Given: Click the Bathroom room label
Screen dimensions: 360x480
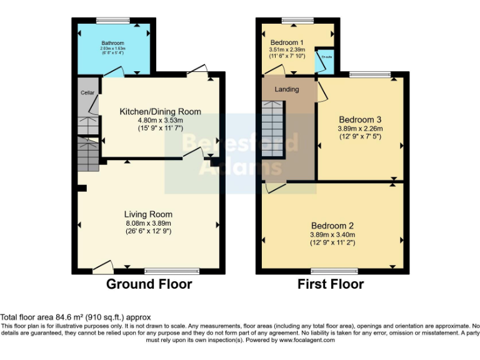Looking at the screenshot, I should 113,43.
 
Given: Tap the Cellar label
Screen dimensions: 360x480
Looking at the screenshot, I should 87,92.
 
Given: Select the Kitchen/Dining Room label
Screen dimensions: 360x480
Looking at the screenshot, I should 161,112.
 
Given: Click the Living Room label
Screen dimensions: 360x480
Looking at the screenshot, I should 147,214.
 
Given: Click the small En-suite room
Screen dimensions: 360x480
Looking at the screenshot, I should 325,58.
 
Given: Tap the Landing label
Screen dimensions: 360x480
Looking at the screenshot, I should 287,89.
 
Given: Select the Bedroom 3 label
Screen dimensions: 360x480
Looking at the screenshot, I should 360,119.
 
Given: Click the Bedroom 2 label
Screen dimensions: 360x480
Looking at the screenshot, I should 332,226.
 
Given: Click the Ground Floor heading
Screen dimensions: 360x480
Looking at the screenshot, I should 149,284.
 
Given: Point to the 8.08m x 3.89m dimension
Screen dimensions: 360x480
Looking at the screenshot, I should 147,223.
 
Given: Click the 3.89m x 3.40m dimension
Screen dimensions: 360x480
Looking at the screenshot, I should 332,234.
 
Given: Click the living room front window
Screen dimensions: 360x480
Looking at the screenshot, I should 170,271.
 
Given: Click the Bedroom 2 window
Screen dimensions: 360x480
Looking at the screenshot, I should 334,271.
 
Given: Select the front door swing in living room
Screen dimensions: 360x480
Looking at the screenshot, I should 102,267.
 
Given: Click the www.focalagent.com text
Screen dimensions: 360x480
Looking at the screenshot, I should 307,340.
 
